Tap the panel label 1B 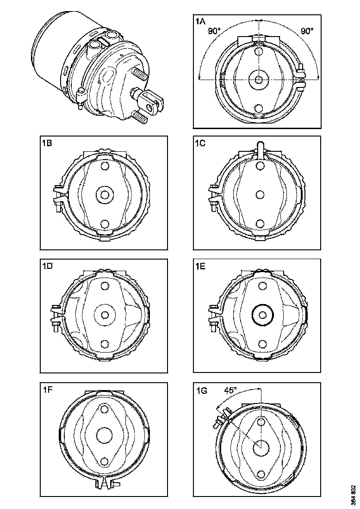tap(46, 143)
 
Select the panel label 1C tap(200, 143)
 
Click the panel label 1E tap(200, 266)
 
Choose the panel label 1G tap(201, 390)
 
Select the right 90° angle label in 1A tap(307, 31)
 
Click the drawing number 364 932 tap(353, 495)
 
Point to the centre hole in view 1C tap(259, 194)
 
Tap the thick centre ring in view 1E tap(262, 315)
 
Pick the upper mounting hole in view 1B tap(105, 166)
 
